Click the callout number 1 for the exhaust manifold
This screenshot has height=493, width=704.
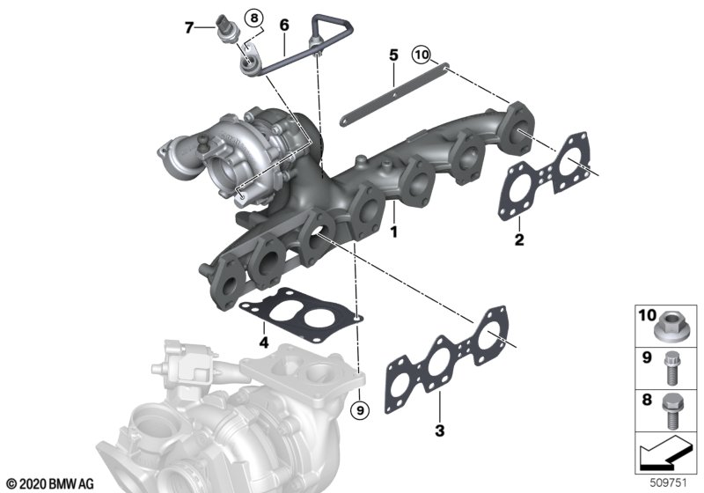(x=393, y=232)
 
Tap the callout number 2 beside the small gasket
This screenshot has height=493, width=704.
(x=519, y=239)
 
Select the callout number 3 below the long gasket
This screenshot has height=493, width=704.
(x=439, y=430)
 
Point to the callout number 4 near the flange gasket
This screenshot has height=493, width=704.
(x=264, y=342)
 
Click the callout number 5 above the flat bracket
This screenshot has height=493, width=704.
(x=393, y=55)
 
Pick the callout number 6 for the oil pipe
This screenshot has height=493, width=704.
(x=284, y=26)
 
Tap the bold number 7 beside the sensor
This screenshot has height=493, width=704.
(x=189, y=28)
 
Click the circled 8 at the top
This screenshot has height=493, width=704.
(x=254, y=18)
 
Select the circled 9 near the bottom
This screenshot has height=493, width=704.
(x=360, y=409)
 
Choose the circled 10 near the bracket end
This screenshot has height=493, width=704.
(x=422, y=55)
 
